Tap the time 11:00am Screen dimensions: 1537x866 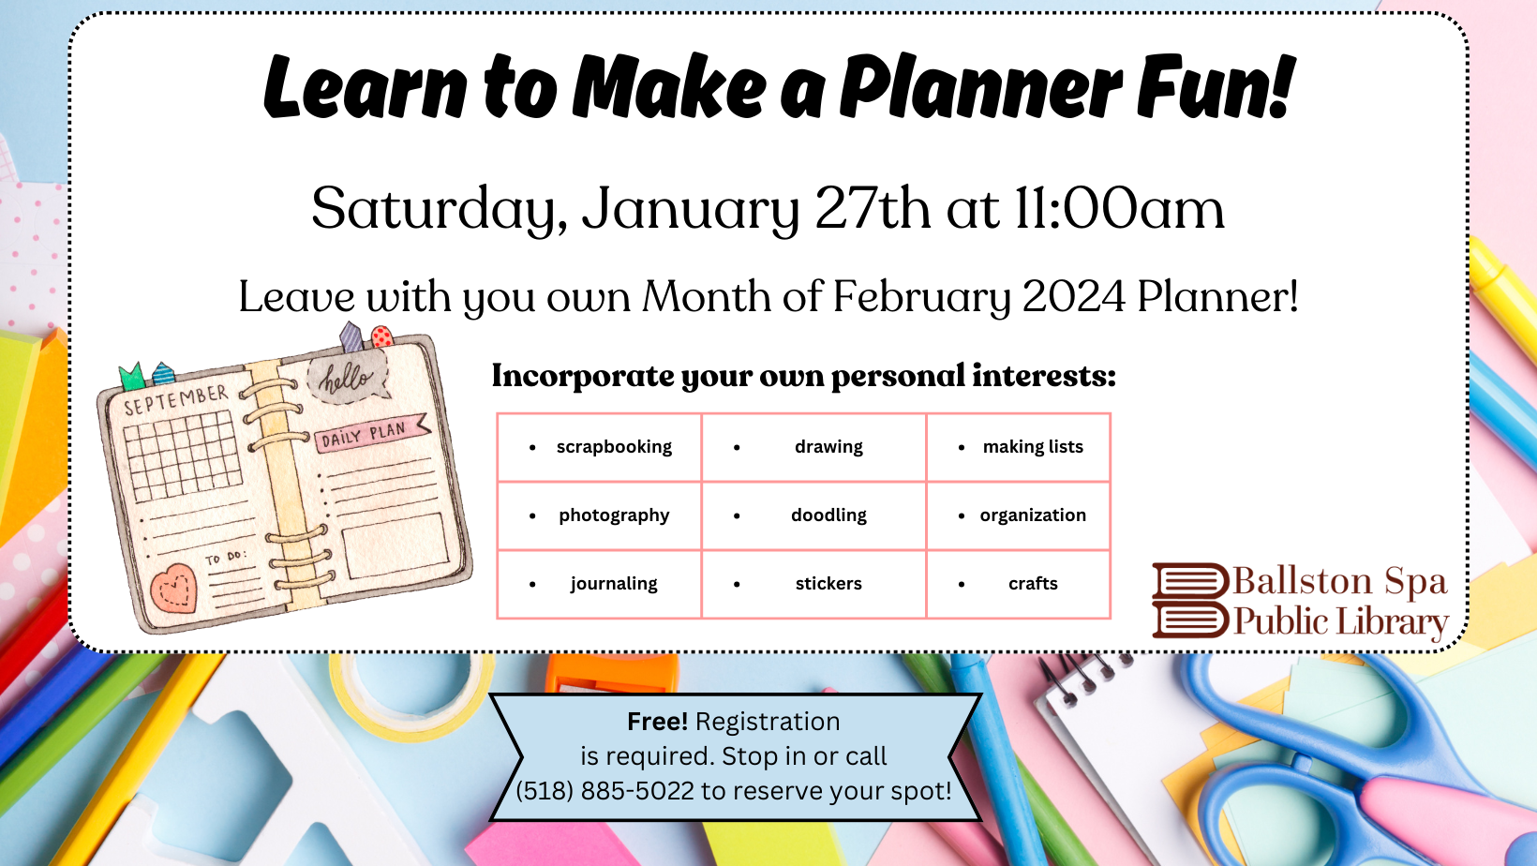pos(1118,208)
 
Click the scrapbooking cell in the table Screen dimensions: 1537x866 pos(599,447)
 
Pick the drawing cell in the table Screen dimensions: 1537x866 pos(813,447)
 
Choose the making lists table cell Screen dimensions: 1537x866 pos(1018,447)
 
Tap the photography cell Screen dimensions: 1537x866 pos(599,515)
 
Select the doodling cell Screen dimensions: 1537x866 pos(813,515)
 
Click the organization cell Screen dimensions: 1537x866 pos(1018,515)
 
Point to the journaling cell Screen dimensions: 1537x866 pos(599,584)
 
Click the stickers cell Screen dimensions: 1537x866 pos(813,584)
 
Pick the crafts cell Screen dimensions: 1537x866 pos(1018,584)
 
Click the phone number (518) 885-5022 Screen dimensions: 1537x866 pos(604,791)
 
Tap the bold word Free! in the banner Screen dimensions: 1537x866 pos(657,722)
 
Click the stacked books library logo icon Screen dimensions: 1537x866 pos(1190,601)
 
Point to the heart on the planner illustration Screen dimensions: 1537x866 pos(173,589)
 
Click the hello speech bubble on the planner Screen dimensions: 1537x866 pos(348,377)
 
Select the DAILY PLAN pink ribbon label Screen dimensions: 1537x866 pos(371,433)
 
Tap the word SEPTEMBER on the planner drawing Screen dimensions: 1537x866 pos(175,399)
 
